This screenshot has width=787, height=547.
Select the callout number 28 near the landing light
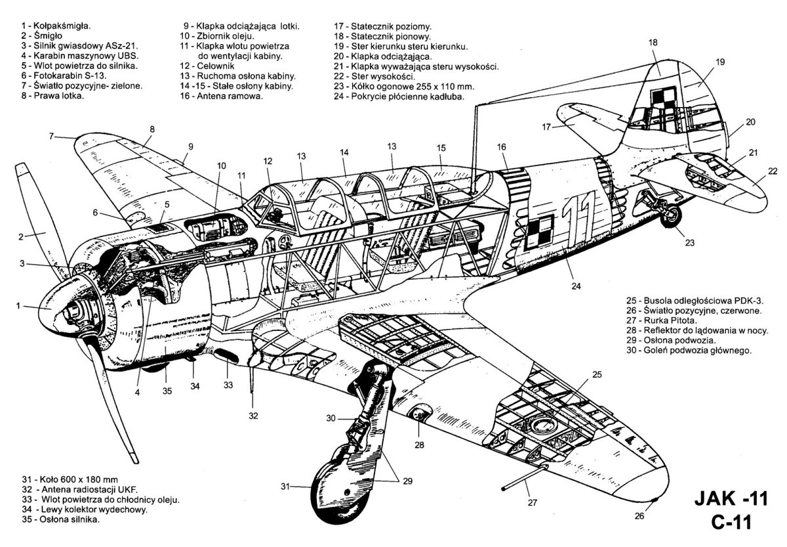[x=418, y=444]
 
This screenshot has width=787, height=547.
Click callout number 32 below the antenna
[x=253, y=416]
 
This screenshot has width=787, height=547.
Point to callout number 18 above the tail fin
[x=653, y=43]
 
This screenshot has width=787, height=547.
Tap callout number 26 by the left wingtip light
[x=639, y=516]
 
